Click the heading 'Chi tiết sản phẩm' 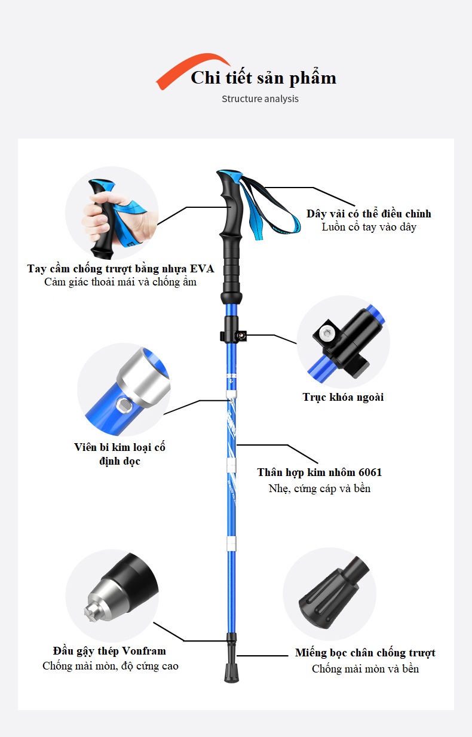(263, 78)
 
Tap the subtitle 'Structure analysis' (260, 99)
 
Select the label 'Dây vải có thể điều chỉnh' (369, 214)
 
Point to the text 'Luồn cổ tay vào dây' (369, 227)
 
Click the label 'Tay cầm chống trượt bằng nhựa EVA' (121, 269)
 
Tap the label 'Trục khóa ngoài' (343, 397)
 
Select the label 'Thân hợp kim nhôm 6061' (319, 472)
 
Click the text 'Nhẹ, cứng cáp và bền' (319, 489)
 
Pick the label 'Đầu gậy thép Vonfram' (109, 651)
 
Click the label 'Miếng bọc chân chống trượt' (365, 653)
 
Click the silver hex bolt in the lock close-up (326, 333)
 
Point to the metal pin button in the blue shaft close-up (124, 405)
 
